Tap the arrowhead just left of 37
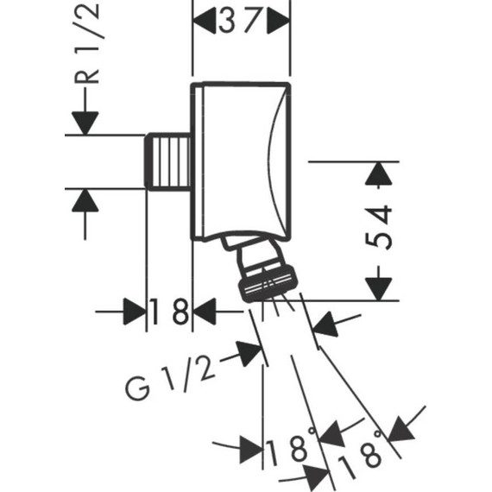pos(203,20)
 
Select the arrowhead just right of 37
pos(278,20)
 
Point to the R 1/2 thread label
pos(90,43)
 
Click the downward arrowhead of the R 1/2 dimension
pos(85,122)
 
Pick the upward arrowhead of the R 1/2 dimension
pos(85,200)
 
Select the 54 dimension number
pos(381,227)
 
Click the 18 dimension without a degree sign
pos(169,312)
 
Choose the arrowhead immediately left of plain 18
pos(134,312)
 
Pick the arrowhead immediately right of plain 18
pos(204,312)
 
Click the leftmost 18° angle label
pos(287,450)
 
